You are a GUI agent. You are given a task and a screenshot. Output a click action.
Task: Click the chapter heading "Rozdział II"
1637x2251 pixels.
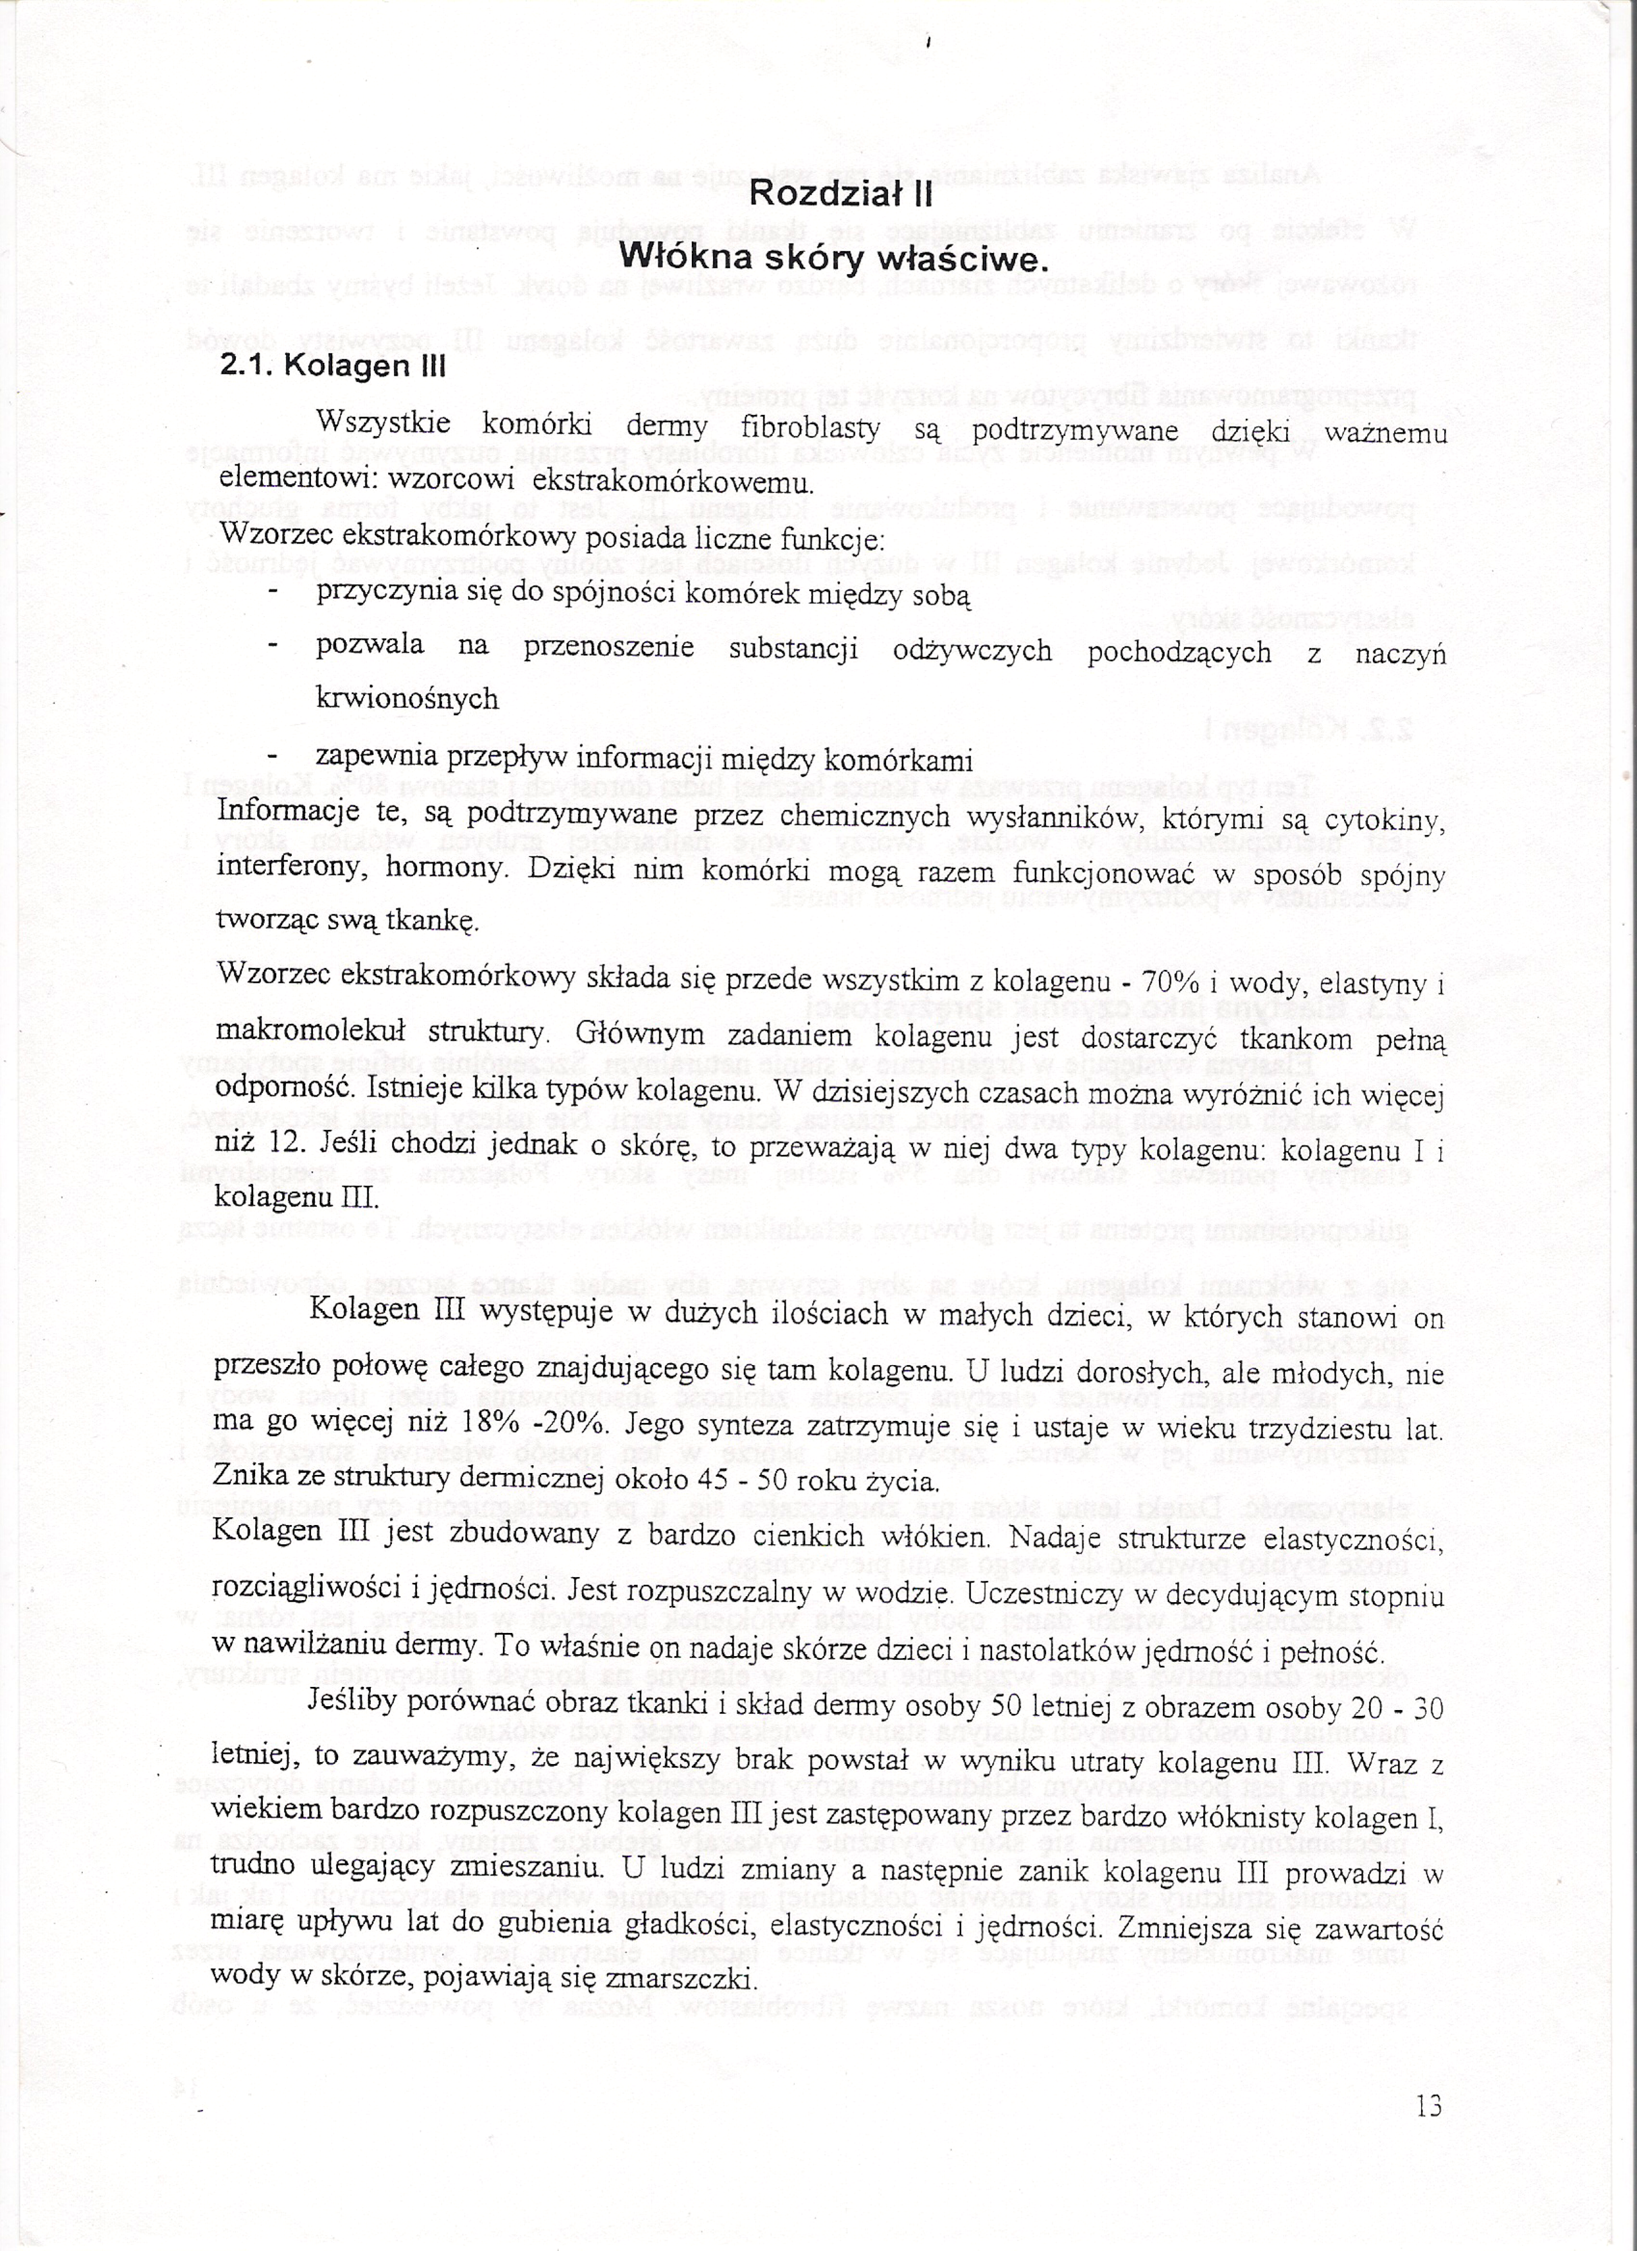click(x=840, y=195)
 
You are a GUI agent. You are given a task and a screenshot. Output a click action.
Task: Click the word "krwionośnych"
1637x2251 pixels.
click(x=407, y=699)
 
